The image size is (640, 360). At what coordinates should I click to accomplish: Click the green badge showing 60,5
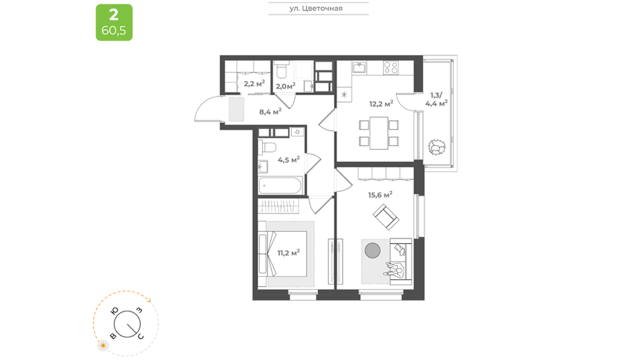click(x=114, y=22)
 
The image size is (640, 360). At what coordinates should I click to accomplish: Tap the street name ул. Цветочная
click(x=316, y=8)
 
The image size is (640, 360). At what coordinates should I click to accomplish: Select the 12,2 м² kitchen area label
click(x=381, y=103)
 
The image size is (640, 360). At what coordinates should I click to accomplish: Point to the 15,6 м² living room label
click(x=380, y=195)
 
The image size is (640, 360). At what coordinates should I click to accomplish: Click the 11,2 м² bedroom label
click(x=288, y=252)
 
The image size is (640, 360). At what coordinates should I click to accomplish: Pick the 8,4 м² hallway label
click(x=270, y=111)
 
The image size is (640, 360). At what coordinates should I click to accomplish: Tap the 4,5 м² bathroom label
click(x=289, y=159)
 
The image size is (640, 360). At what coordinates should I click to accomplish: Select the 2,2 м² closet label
click(x=254, y=83)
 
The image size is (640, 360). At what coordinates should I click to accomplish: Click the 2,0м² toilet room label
click(x=285, y=85)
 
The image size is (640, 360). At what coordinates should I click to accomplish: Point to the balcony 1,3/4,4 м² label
click(x=436, y=99)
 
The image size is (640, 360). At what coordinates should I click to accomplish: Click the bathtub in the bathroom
click(x=280, y=185)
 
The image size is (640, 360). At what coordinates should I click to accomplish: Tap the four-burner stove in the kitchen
click(x=391, y=68)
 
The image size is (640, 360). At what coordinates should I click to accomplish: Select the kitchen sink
click(x=359, y=67)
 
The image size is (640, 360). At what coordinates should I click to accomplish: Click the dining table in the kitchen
click(x=379, y=133)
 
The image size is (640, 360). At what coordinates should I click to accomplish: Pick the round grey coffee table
click(x=372, y=250)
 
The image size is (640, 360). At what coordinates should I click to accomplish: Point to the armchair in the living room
click(x=386, y=217)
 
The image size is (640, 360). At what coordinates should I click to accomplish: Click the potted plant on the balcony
click(x=436, y=147)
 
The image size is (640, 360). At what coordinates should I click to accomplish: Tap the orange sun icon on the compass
click(x=103, y=345)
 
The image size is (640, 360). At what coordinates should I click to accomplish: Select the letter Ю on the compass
click(x=114, y=311)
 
